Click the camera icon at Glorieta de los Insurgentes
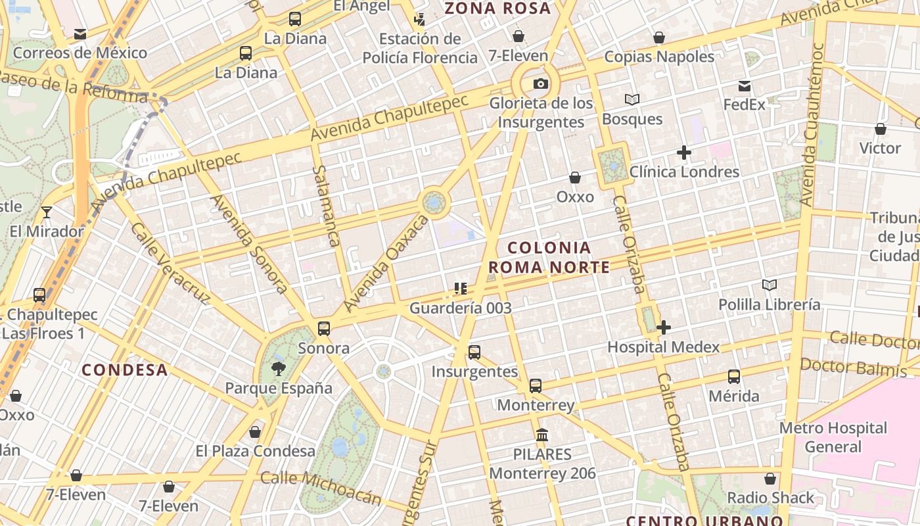coord(541,84)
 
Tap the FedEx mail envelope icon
coord(745,86)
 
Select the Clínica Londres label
coord(684,172)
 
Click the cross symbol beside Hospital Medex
coord(664,327)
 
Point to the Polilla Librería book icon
coord(770,285)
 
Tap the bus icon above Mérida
coord(734,377)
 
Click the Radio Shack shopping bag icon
coord(770,479)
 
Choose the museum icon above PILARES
coord(542,435)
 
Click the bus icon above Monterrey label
coord(536,386)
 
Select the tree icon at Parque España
coord(279,368)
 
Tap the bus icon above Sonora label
coord(323,329)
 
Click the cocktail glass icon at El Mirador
coord(47,212)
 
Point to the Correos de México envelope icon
coord(80,34)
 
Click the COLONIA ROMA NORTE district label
coord(549,257)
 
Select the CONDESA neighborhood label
coord(125,370)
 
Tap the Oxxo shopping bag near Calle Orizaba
coord(575,178)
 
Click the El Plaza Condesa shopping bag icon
coord(255,432)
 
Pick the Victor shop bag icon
coord(880,129)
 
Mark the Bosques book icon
coord(632,99)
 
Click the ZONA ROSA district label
coord(497,9)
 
